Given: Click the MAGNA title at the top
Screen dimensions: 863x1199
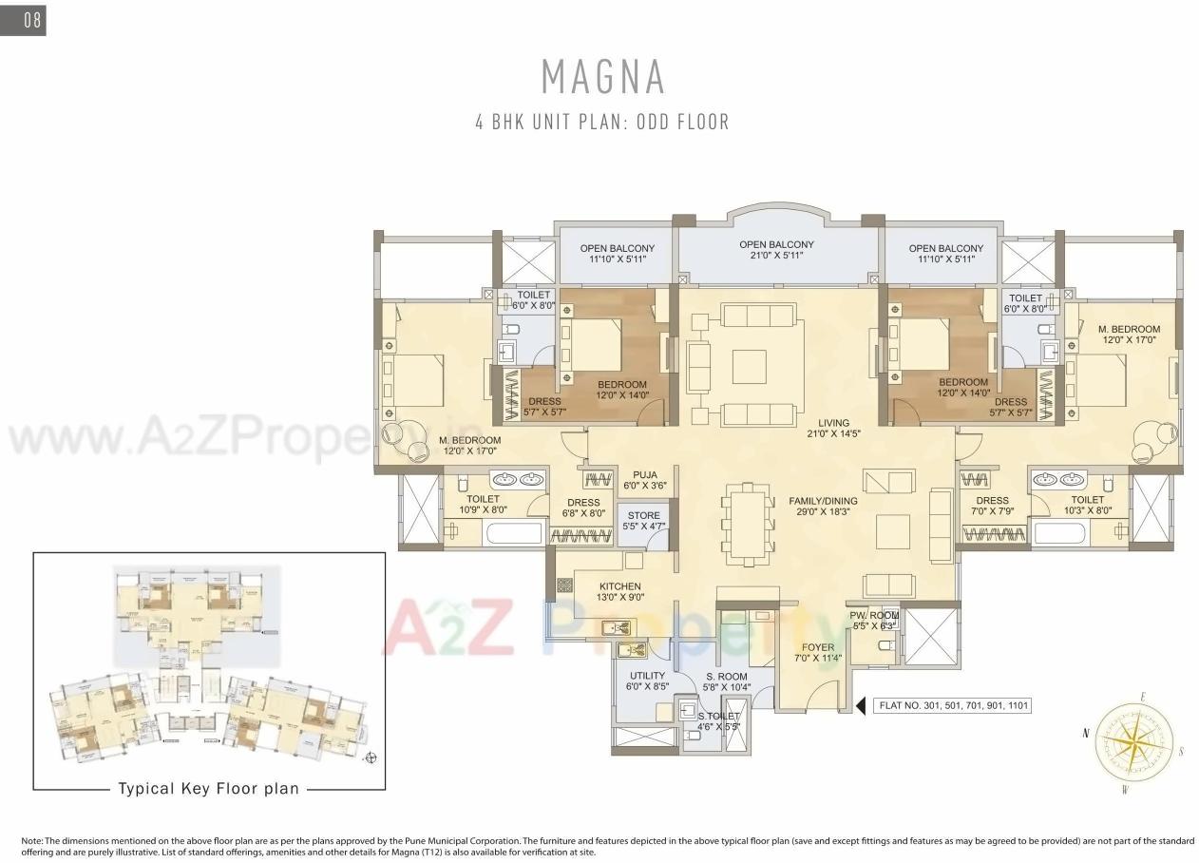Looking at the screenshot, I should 602,77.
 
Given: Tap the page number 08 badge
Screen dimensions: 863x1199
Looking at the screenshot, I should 25,20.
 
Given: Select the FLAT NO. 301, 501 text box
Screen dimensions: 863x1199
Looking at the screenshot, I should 952,706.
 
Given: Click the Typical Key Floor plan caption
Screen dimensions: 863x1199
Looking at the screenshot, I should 208,788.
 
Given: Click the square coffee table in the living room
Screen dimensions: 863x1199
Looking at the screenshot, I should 750,365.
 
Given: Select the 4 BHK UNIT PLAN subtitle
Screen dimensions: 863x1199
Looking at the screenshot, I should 602,123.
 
